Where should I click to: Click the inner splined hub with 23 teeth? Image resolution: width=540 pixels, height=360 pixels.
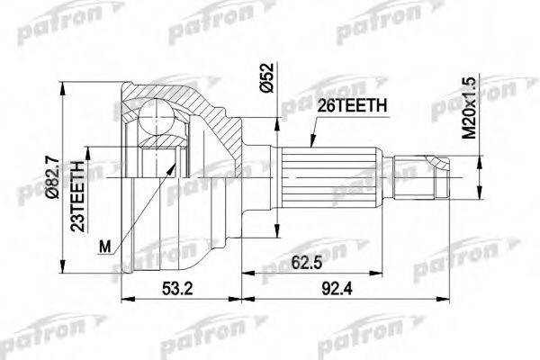[x=157, y=171]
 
